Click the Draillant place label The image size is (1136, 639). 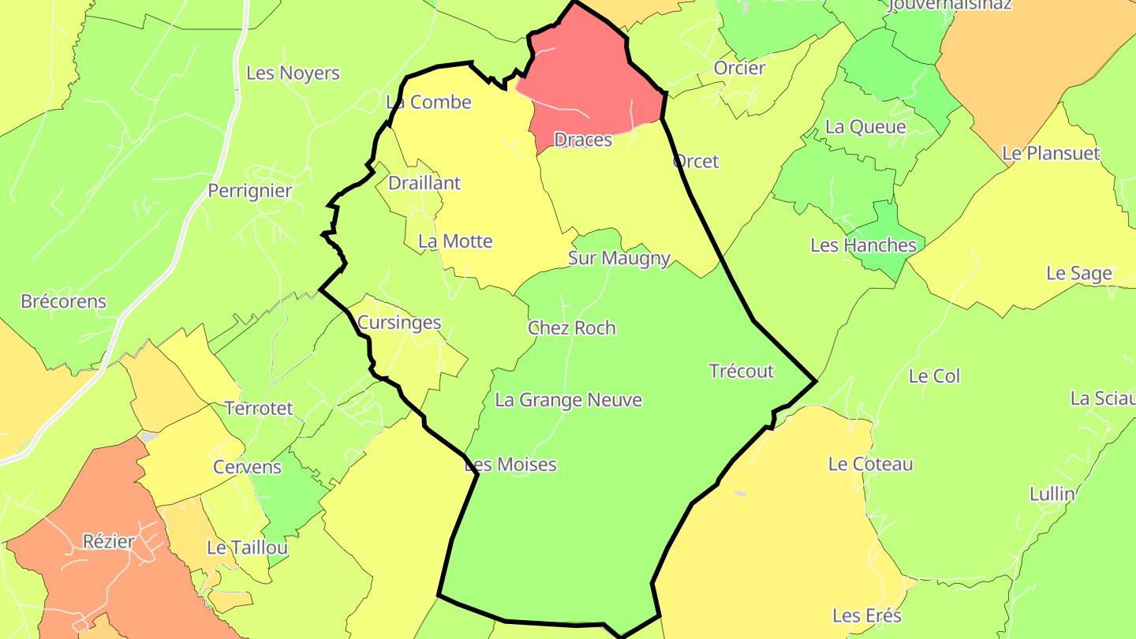[424, 183]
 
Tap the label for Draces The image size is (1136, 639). [583, 140]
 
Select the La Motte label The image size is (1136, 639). [455, 241]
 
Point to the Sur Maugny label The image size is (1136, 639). [619, 258]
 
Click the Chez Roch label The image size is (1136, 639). [572, 328]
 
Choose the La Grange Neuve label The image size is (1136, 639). [568, 400]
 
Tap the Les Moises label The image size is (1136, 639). [510, 465]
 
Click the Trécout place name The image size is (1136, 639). [742, 371]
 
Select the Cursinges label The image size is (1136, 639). [399, 323]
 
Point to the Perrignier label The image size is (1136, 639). [250, 191]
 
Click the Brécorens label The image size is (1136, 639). [64, 301]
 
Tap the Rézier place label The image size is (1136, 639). [109, 542]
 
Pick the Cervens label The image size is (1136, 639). [247, 467]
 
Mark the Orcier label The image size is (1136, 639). [739, 68]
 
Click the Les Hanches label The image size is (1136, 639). [864, 245]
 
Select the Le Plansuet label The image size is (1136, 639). [1051, 153]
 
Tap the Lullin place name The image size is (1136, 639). [1052, 495]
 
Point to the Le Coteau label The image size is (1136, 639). [870, 464]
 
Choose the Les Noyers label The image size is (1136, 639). [293, 73]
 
